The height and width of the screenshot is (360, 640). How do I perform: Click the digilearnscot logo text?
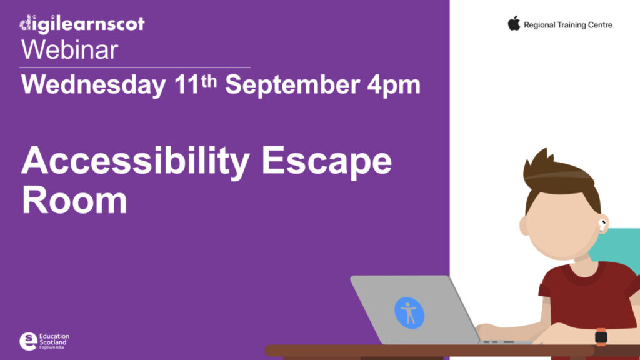[82, 24]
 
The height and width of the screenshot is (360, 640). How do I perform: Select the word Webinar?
[69, 49]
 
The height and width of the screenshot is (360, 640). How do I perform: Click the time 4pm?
[394, 86]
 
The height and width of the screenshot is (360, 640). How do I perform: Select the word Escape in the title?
[326, 162]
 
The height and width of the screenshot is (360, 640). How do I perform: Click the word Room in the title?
[74, 201]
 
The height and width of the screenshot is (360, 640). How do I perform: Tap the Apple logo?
[514, 24]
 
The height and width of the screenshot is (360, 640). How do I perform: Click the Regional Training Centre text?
[567, 25]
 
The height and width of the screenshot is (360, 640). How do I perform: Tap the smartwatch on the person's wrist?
[601, 337]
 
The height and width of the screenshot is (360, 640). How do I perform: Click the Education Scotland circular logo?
[28, 341]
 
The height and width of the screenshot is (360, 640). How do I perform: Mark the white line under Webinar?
[134, 67]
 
